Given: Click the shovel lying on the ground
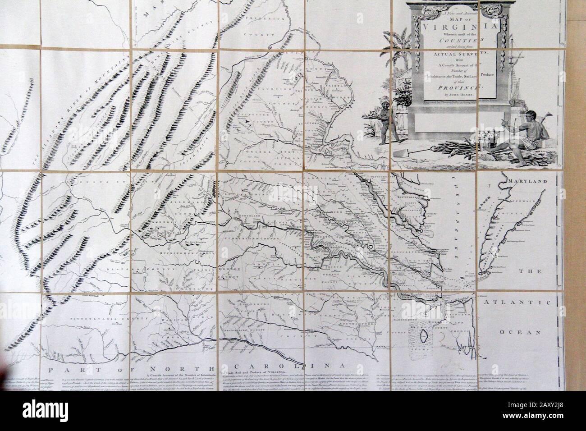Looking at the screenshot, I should click(x=408, y=152).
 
